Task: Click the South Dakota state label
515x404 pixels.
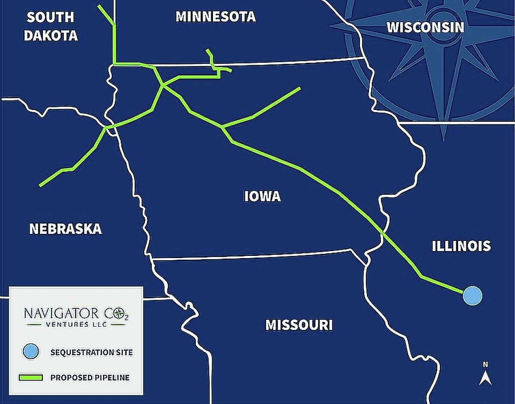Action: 51,26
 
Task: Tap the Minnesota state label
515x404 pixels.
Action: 215,17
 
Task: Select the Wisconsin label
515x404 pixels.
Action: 425,27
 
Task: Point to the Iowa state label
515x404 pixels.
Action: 262,197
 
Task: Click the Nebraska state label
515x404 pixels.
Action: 65,229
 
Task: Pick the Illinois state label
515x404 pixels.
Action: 461,246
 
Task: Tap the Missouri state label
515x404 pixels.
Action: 299,325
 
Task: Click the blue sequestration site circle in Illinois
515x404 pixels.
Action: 473,295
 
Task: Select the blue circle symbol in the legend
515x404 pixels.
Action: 31,352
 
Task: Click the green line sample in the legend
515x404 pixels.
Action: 31,378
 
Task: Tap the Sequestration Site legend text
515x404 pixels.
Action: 91,352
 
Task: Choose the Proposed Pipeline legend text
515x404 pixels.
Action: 90,378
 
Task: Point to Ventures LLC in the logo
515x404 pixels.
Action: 76,324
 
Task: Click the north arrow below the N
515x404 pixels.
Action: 485,378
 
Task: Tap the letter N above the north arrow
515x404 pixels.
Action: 485,365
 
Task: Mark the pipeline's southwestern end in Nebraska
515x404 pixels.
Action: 40,185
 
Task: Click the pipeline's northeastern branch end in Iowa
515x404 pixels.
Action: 300,88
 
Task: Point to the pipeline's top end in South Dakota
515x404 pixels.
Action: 100,6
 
